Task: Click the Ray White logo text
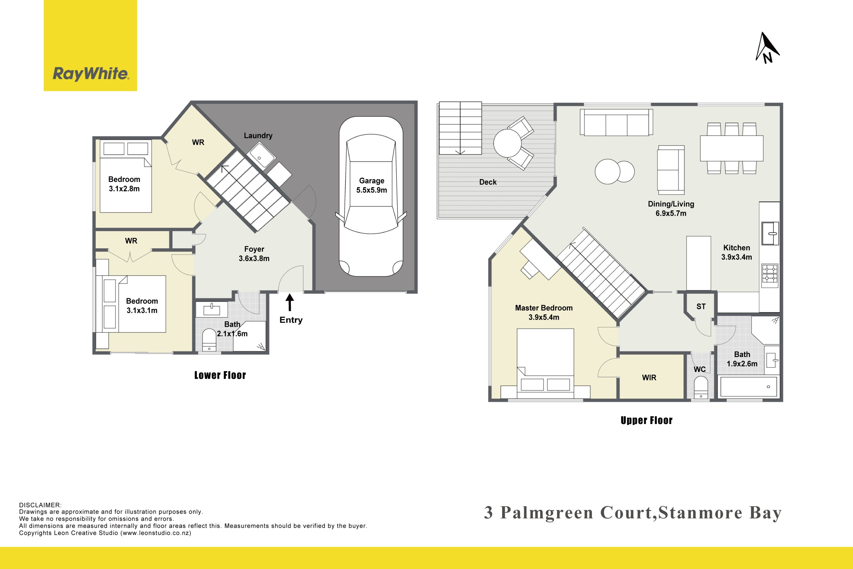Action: tap(91, 74)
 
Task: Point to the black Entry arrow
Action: tap(290, 302)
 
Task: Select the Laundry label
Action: tap(258, 135)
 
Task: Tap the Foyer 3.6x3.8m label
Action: tap(254, 254)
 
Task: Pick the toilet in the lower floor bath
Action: tap(209, 340)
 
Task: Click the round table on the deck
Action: tap(507, 143)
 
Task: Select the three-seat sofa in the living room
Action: tap(616, 122)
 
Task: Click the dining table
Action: tap(731, 148)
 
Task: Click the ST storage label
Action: tap(701, 307)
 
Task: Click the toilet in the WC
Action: tap(701, 388)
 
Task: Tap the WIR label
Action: tap(649, 378)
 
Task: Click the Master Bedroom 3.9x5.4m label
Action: tap(544, 312)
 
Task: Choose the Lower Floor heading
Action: tap(220, 375)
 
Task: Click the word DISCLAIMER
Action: tap(40, 505)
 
